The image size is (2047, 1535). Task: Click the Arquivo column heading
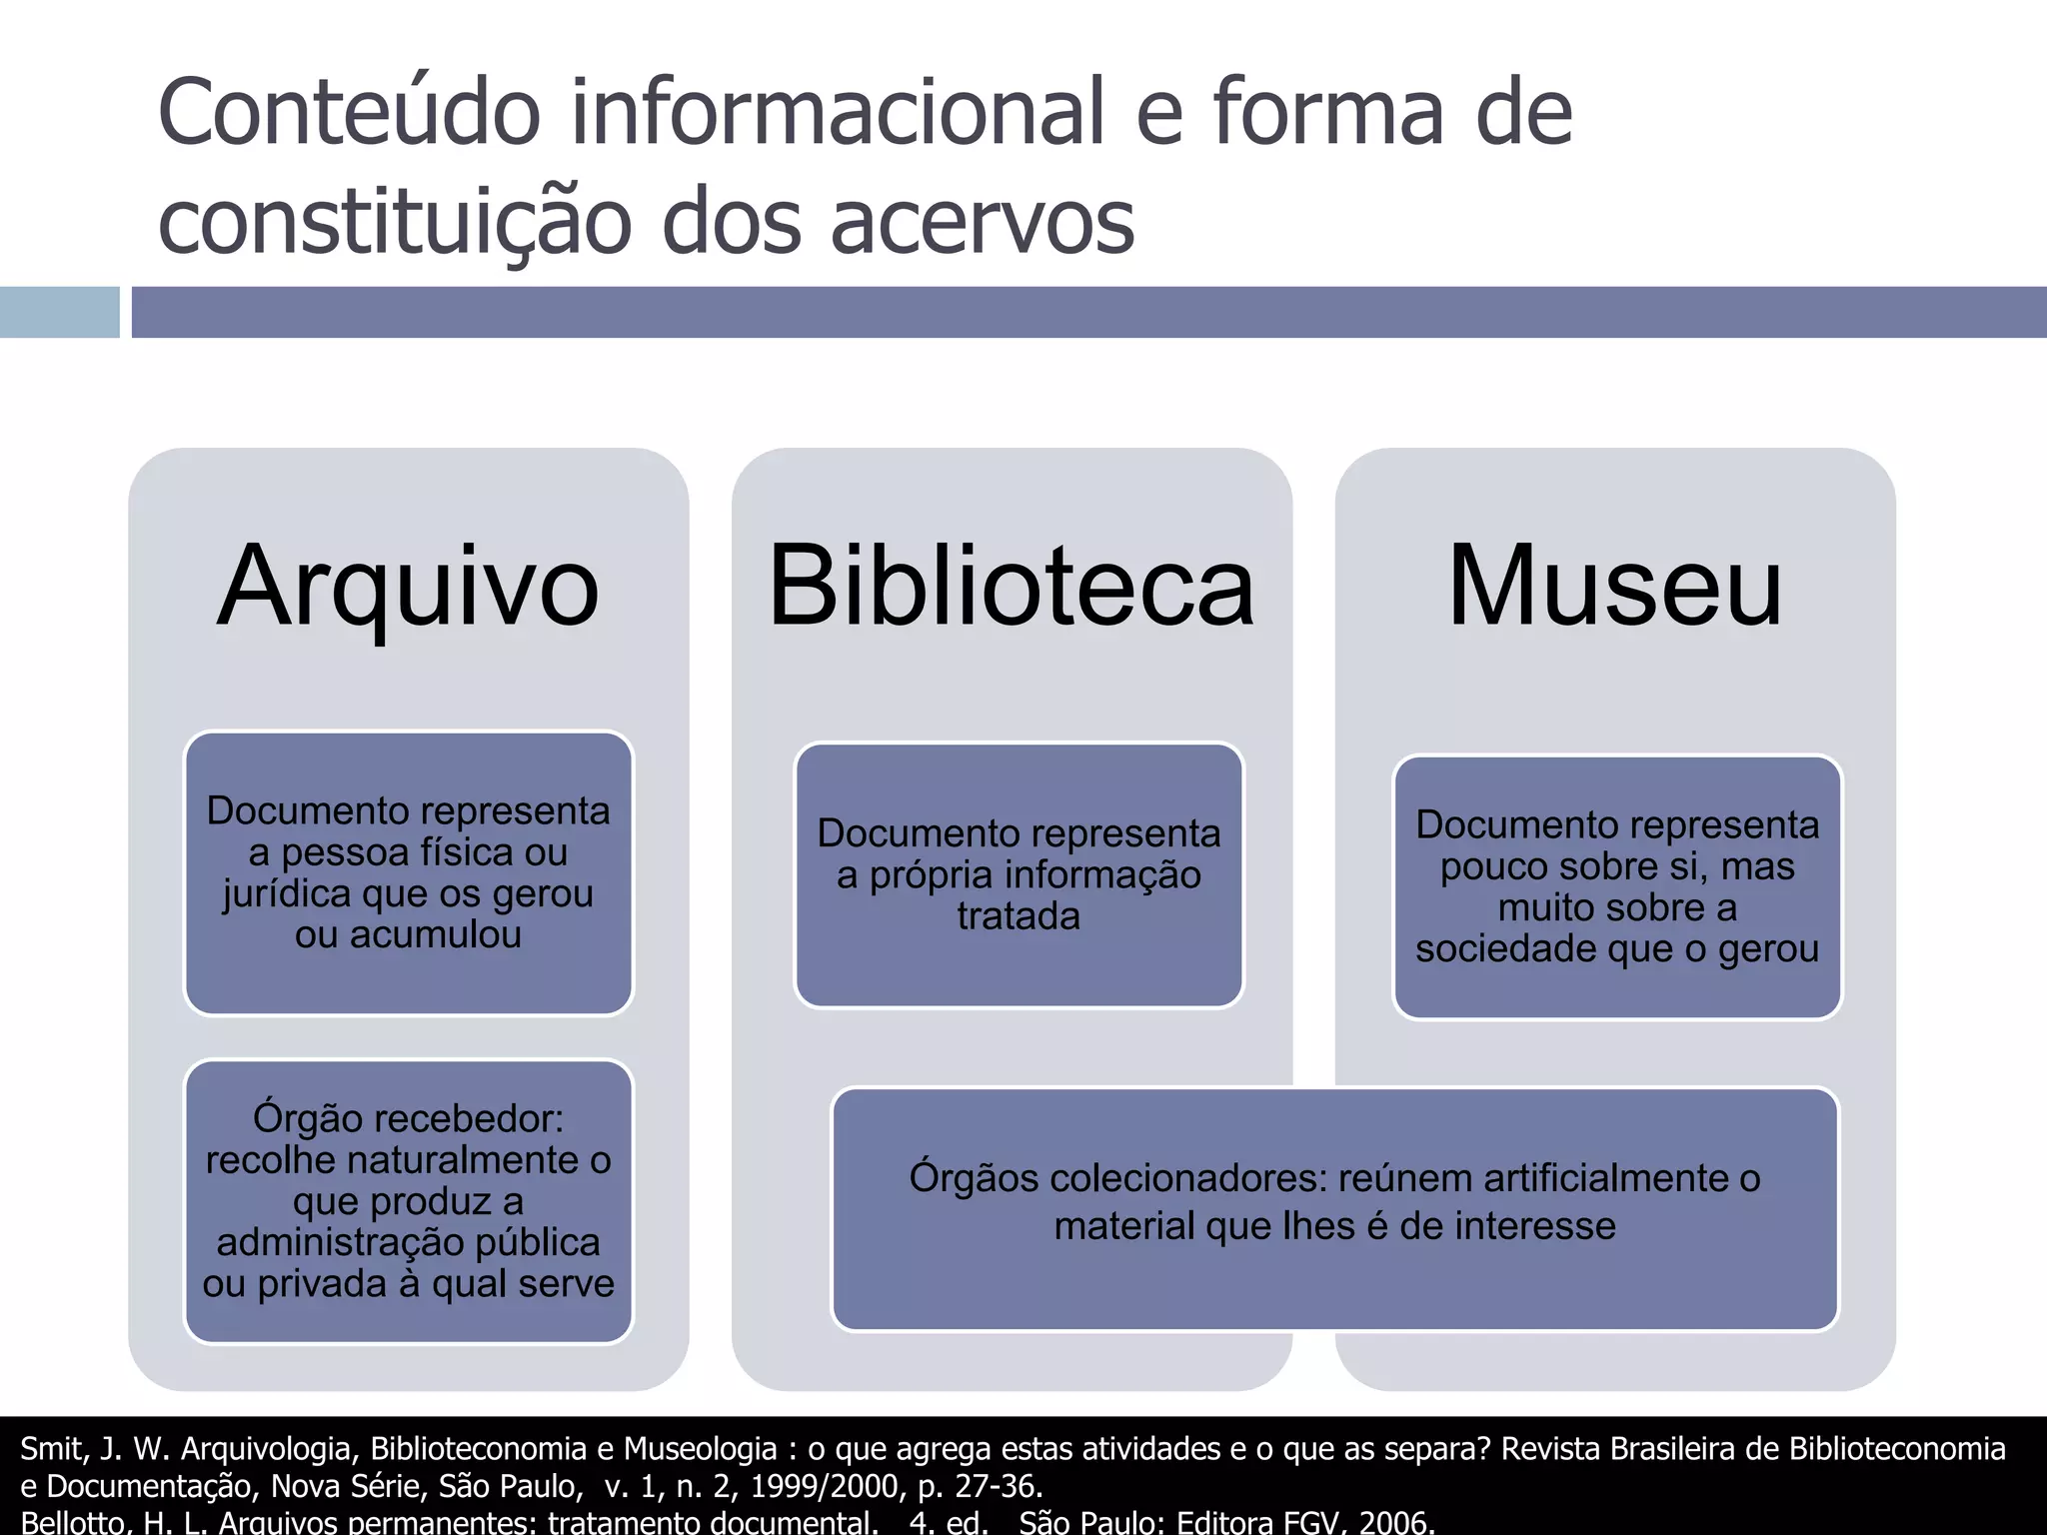click(408, 587)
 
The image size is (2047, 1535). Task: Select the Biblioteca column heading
click(1012, 587)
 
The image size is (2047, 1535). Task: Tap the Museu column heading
click(1615, 587)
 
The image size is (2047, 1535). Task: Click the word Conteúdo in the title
click(349, 113)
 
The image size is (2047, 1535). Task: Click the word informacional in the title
click(838, 113)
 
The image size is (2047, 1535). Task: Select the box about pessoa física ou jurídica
click(408, 872)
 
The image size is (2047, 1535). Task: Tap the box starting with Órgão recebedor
click(408, 1200)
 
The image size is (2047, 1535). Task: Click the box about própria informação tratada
click(1019, 874)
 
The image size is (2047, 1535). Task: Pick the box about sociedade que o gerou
click(1617, 886)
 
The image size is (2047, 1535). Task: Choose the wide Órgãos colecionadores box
click(1334, 1208)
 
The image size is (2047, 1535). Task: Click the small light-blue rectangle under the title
click(59, 312)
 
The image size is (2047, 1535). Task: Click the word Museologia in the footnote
click(701, 1448)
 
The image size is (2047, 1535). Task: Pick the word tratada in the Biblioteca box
click(1019, 916)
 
